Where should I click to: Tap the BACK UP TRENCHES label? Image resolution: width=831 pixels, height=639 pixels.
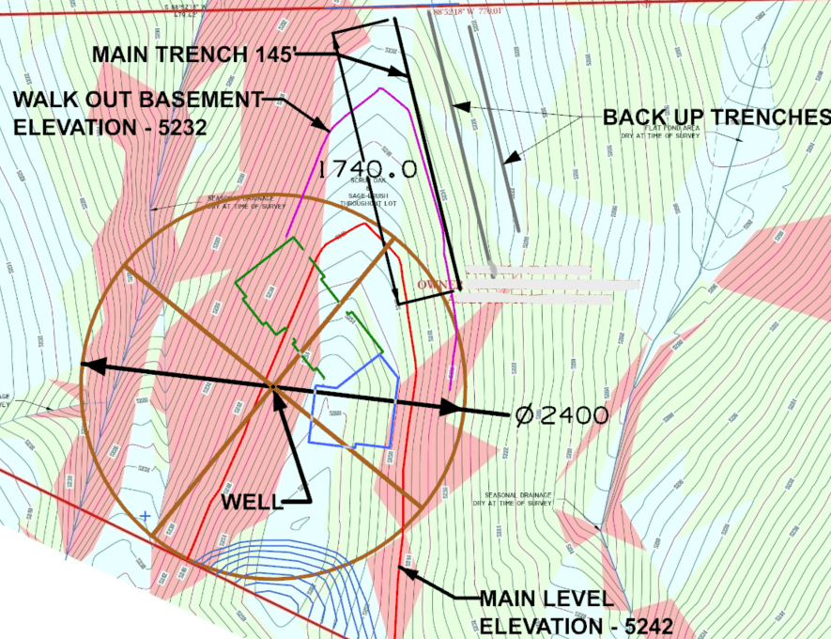pyautogui.click(x=716, y=117)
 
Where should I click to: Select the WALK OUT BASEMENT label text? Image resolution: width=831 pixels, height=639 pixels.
pyautogui.click(x=137, y=98)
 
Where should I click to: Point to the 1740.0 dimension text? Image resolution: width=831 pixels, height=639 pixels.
pyautogui.click(x=367, y=169)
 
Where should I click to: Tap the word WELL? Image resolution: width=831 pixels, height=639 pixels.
pyautogui.click(x=251, y=502)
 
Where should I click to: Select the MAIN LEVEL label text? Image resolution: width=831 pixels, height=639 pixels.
pyautogui.click(x=546, y=599)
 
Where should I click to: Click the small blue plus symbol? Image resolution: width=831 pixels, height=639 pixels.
pyautogui.click(x=145, y=517)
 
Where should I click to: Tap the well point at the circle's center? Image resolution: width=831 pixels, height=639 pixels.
pyautogui.click(x=271, y=385)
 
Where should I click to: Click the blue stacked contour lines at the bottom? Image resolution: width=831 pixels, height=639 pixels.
pyautogui.click(x=272, y=560)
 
